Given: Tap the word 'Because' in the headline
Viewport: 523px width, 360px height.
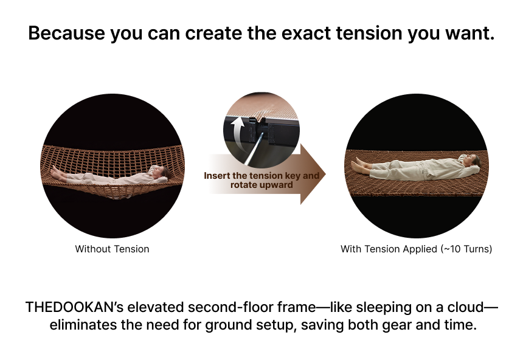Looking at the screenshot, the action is coord(66,33).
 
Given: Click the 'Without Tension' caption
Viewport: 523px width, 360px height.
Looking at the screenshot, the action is coord(112,249).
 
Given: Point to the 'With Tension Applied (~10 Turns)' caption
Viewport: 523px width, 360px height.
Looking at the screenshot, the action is coord(416,249).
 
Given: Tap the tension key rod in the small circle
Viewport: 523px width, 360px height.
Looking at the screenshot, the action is coord(254,149).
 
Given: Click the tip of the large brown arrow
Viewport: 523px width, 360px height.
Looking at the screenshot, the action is coord(325,174).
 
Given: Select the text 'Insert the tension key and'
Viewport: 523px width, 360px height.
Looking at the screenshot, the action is coord(261,176).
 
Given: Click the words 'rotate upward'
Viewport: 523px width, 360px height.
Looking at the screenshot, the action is coord(261,185).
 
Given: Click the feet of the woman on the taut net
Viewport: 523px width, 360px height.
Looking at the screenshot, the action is coord(357,165).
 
